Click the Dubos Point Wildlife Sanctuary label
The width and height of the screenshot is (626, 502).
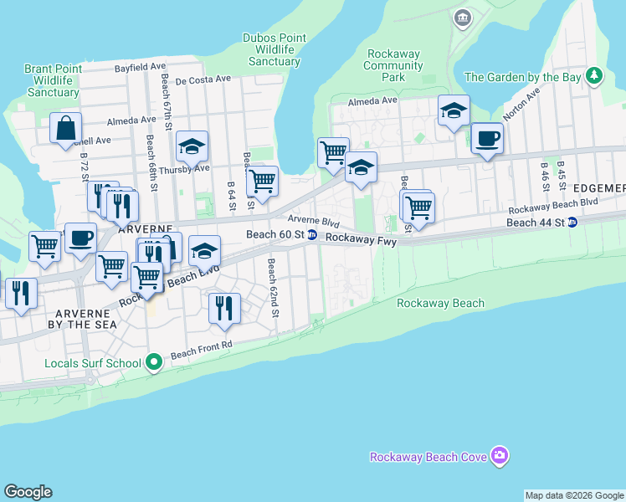275,49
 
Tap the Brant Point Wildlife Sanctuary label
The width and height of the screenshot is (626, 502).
53,80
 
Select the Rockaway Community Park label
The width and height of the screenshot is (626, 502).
393,65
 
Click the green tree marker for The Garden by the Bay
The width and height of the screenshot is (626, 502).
594,76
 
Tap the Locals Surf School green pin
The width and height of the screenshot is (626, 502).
153,362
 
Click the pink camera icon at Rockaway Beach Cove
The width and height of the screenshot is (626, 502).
500,456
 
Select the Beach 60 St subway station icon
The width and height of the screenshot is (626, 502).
312,235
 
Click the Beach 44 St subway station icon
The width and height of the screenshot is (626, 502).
572,223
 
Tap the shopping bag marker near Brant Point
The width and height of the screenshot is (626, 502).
65,129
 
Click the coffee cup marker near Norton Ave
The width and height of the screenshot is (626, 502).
486,138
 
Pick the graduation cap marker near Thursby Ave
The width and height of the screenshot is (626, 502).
192,146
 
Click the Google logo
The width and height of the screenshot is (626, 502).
28,492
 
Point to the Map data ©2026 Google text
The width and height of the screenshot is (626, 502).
574,495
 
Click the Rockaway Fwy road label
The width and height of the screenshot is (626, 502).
360,238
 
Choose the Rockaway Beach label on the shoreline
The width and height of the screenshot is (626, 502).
440,303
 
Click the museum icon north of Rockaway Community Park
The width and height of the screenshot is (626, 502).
462,18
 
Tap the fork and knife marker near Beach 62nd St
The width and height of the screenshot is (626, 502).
224,307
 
